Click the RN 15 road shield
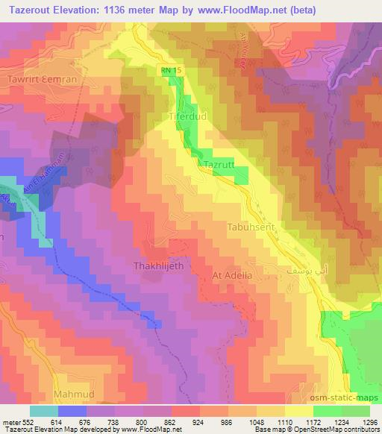[171, 71]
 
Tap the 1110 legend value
[284, 422]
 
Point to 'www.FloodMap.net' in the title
[238, 10]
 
